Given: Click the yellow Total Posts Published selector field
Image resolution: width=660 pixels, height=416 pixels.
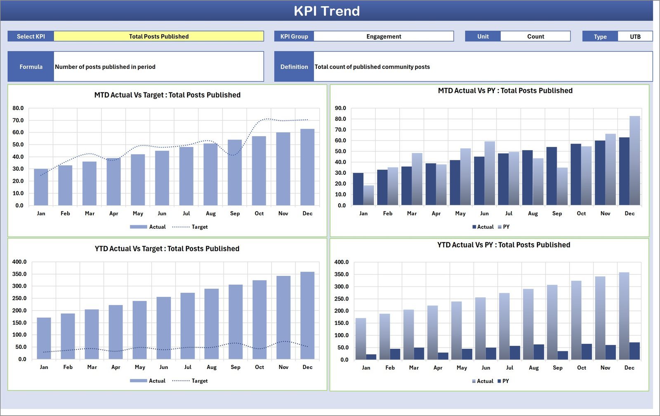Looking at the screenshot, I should point(159,36).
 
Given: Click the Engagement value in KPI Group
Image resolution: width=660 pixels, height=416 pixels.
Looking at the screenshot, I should point(384,36).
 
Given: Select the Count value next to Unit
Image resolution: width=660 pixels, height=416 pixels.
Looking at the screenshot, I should point(535,36).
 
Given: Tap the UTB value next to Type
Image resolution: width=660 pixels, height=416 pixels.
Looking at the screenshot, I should point(635,36).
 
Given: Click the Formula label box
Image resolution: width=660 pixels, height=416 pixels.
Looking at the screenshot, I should point(31,66).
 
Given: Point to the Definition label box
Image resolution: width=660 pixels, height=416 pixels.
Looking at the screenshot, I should point(294,66).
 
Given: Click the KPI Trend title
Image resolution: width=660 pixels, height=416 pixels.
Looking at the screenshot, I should point(326,11).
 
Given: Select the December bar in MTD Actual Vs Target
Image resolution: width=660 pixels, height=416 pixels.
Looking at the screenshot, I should point(307,167).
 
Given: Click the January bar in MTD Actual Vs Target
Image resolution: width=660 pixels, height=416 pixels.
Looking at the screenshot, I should point(41,187).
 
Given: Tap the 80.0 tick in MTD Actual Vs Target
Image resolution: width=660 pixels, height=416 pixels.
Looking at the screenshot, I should point(18,108).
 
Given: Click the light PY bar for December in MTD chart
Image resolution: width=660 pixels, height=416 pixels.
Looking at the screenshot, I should point(635,161).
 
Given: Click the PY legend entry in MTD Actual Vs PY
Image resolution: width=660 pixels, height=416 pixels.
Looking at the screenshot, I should point(504,227).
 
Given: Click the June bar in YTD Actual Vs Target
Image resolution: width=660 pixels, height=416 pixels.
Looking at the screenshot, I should point(164,328).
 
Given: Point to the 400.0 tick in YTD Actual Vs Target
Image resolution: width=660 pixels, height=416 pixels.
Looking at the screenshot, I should point(19,262).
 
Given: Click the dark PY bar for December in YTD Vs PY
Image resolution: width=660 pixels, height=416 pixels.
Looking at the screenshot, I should point(634,351).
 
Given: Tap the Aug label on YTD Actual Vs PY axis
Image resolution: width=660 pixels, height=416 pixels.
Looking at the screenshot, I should point(534,368).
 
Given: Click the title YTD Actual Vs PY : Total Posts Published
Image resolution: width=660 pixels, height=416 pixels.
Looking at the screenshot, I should point(504,245).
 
